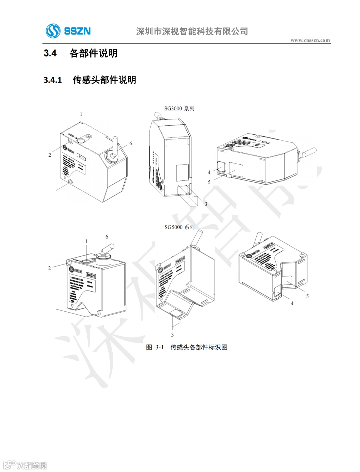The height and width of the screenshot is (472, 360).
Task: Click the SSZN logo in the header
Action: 68,31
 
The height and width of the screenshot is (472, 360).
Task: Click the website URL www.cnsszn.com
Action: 310,40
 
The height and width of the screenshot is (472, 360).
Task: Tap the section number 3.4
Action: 50,53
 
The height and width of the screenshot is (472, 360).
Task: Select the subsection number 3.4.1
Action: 53,80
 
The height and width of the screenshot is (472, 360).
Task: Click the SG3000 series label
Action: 179,108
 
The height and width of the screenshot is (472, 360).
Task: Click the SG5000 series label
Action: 179,227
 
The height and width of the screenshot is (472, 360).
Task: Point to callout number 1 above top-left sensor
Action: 81,114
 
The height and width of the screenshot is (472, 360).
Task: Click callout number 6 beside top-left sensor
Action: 131,143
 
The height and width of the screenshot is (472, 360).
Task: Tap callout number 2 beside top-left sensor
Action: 50,155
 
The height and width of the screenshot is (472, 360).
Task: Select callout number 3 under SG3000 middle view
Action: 206,204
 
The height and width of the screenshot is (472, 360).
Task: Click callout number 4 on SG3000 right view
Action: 209,172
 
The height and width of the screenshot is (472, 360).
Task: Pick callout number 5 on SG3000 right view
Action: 209,182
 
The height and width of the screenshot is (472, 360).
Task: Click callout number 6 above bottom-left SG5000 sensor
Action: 107,237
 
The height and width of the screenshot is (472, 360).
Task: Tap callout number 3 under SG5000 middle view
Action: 172,335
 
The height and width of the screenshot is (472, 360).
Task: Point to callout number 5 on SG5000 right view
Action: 307,296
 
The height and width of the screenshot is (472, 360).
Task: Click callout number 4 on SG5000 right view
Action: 292,304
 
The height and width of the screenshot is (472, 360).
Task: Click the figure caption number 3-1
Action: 160,348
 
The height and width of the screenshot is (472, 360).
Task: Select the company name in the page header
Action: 192,31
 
